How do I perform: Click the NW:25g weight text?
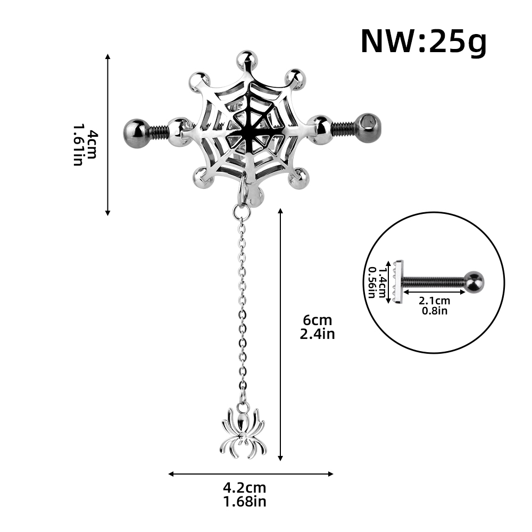pyautogui.click(x=423, y=41)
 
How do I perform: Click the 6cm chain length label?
pyautogui.click(x=317, y=320)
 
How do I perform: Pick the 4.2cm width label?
pyautogui.click(x=245, y=487)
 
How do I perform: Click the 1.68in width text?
pyautogui.click(x=245, y=501)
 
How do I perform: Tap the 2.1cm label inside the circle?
pyautogui.click(x=434, y=301)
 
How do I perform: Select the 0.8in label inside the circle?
pyautogui.click(x=434, y=311)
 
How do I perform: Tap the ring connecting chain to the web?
pyautogui.click(x=241, y=212)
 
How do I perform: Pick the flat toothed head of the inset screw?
pyautogui.click(x=399, y=281)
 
